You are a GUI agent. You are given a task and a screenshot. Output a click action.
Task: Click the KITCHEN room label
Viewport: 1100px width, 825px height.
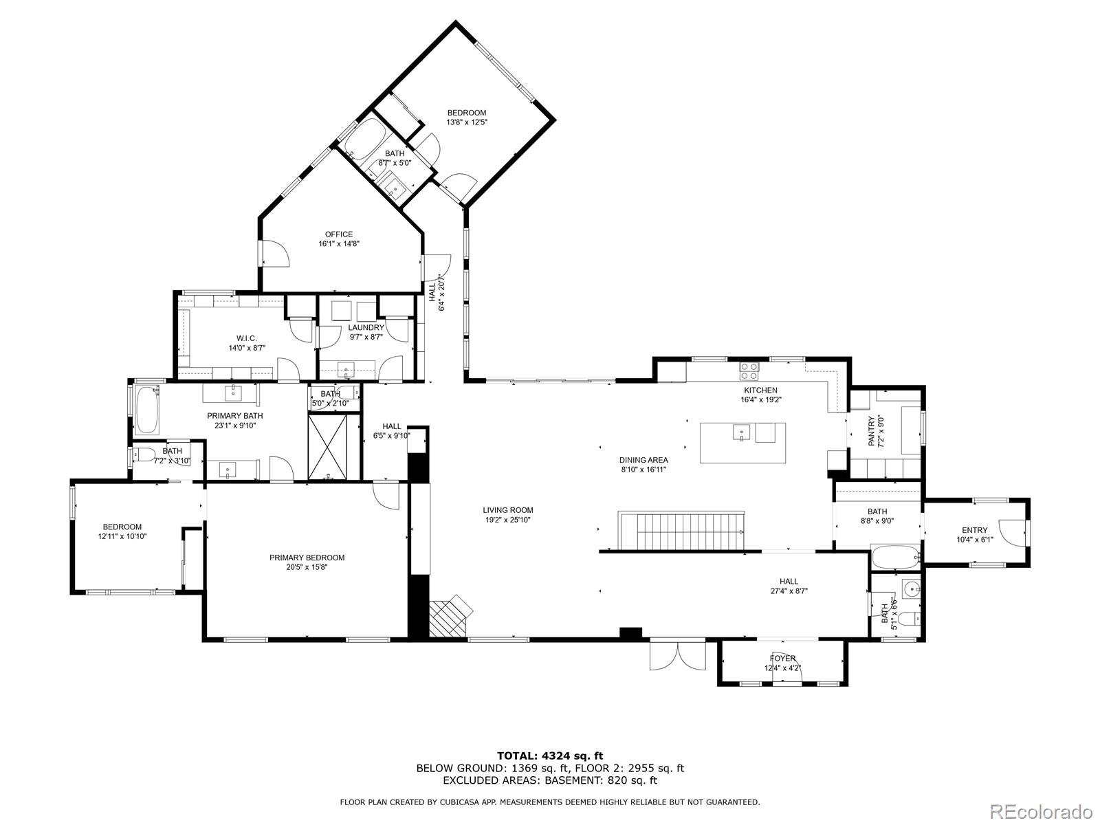[x=759, y=390]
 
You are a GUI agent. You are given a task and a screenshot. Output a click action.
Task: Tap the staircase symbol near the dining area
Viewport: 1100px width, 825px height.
[x=681, y=530]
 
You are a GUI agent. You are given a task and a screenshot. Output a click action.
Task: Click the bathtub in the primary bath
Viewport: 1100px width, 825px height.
[x=146, y=410]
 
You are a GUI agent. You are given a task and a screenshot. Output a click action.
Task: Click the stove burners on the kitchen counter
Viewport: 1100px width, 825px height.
[x=749, y=371]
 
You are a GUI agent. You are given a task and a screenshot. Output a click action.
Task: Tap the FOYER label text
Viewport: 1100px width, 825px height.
[x=782, y=658]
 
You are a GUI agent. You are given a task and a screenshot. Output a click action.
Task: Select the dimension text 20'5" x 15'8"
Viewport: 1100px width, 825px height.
[x=307, y=567]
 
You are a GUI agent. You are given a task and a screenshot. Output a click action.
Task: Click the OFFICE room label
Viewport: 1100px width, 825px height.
[x=339, y=234]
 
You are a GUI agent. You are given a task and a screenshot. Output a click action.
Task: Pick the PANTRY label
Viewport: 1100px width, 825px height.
[x=872, y=431]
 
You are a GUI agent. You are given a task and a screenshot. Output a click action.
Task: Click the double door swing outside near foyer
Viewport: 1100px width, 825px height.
[x=677, y=655]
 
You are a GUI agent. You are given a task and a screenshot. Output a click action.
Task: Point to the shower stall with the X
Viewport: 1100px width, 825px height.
[x=333, y=447]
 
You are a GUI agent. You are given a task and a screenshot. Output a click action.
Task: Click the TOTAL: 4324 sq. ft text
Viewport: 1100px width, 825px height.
[x=550, y=756]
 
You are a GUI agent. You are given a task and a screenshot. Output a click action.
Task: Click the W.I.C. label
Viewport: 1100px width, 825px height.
[x=246, y=338]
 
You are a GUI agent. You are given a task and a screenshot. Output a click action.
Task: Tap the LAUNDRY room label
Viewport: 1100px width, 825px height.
[x=366, y=328]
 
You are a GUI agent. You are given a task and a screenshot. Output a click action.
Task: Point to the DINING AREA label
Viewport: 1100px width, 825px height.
[x=643, y=460]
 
